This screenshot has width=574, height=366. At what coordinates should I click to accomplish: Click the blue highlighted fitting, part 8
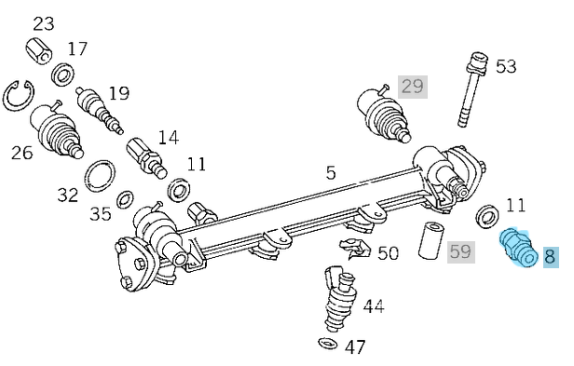(x=515, y=248)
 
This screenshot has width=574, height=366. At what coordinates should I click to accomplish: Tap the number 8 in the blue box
(x=549, y=256)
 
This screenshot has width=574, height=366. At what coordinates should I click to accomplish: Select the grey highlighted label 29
(x=412, y=87)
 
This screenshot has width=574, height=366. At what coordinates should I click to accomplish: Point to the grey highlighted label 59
(x=460, y=251)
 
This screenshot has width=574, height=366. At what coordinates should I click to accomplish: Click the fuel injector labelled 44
(x=338, y=300)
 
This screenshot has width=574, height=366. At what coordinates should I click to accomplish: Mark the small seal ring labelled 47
(x=326, y=346)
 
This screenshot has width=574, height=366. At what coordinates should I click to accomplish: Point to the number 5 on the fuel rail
(x=331, y=171)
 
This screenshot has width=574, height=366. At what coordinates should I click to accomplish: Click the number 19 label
(x=118, y=92)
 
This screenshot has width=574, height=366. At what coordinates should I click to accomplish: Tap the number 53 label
(x=505, y=66)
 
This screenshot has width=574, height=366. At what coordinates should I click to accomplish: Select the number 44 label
(x=374, y=305)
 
